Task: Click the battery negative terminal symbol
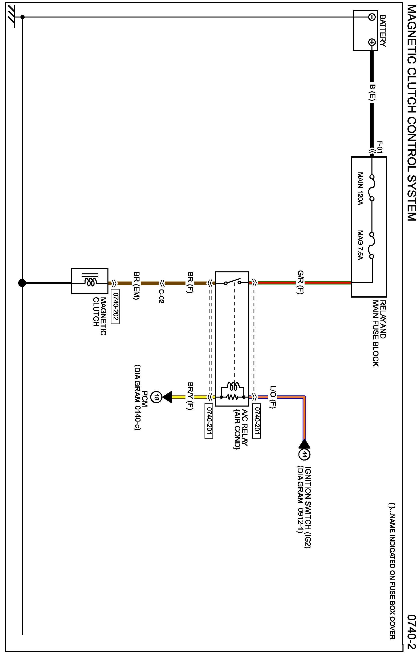tap(371, 17)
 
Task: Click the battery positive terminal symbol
tap(371, 42)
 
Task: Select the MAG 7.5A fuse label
tap(360, 245)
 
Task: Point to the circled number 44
tap(304, 454)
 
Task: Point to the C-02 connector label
tap(161, 296)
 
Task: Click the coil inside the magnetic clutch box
tap(90, 282)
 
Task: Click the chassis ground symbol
tap(12, 17)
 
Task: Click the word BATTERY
tap(383, 31)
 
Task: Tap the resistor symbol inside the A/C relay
tap(232, 397)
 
